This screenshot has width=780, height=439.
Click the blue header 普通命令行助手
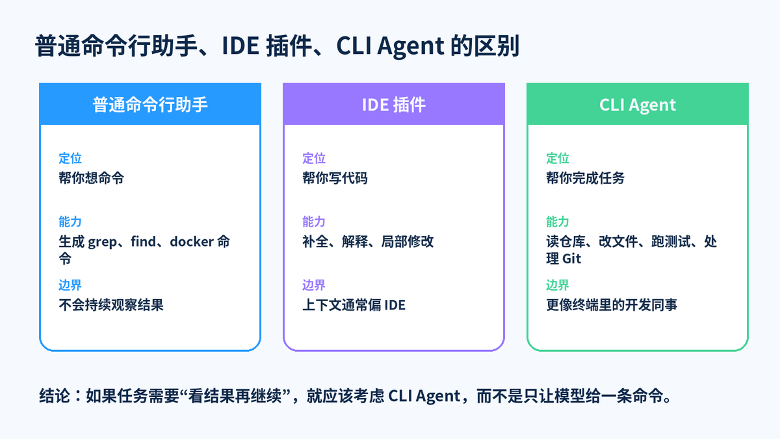pos(150,105)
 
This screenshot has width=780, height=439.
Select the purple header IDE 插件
pos(393,105)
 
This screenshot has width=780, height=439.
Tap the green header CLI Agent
pos(638,105)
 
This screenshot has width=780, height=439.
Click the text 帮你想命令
pos(91,178)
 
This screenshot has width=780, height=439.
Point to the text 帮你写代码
pos(335,178)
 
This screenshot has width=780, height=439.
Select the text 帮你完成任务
pos(585,178)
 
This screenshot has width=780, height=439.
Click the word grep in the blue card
pos(103,242)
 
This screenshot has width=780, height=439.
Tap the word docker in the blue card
pos(192,241)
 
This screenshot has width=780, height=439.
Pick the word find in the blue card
pos(143,241)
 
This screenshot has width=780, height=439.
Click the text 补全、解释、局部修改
pos(368,241)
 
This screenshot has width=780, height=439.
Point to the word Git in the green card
pos(571,259)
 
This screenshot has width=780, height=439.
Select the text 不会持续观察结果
pos(110,305)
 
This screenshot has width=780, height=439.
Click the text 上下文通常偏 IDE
pos(354,305)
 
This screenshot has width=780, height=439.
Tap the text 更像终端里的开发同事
pos(612,305)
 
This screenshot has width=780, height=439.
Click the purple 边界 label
pos(314,285)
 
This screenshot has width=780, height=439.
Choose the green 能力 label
pos(558,222)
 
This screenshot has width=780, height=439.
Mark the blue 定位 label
pos(70,158)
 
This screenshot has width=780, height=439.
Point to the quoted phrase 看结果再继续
pos(235,396)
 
